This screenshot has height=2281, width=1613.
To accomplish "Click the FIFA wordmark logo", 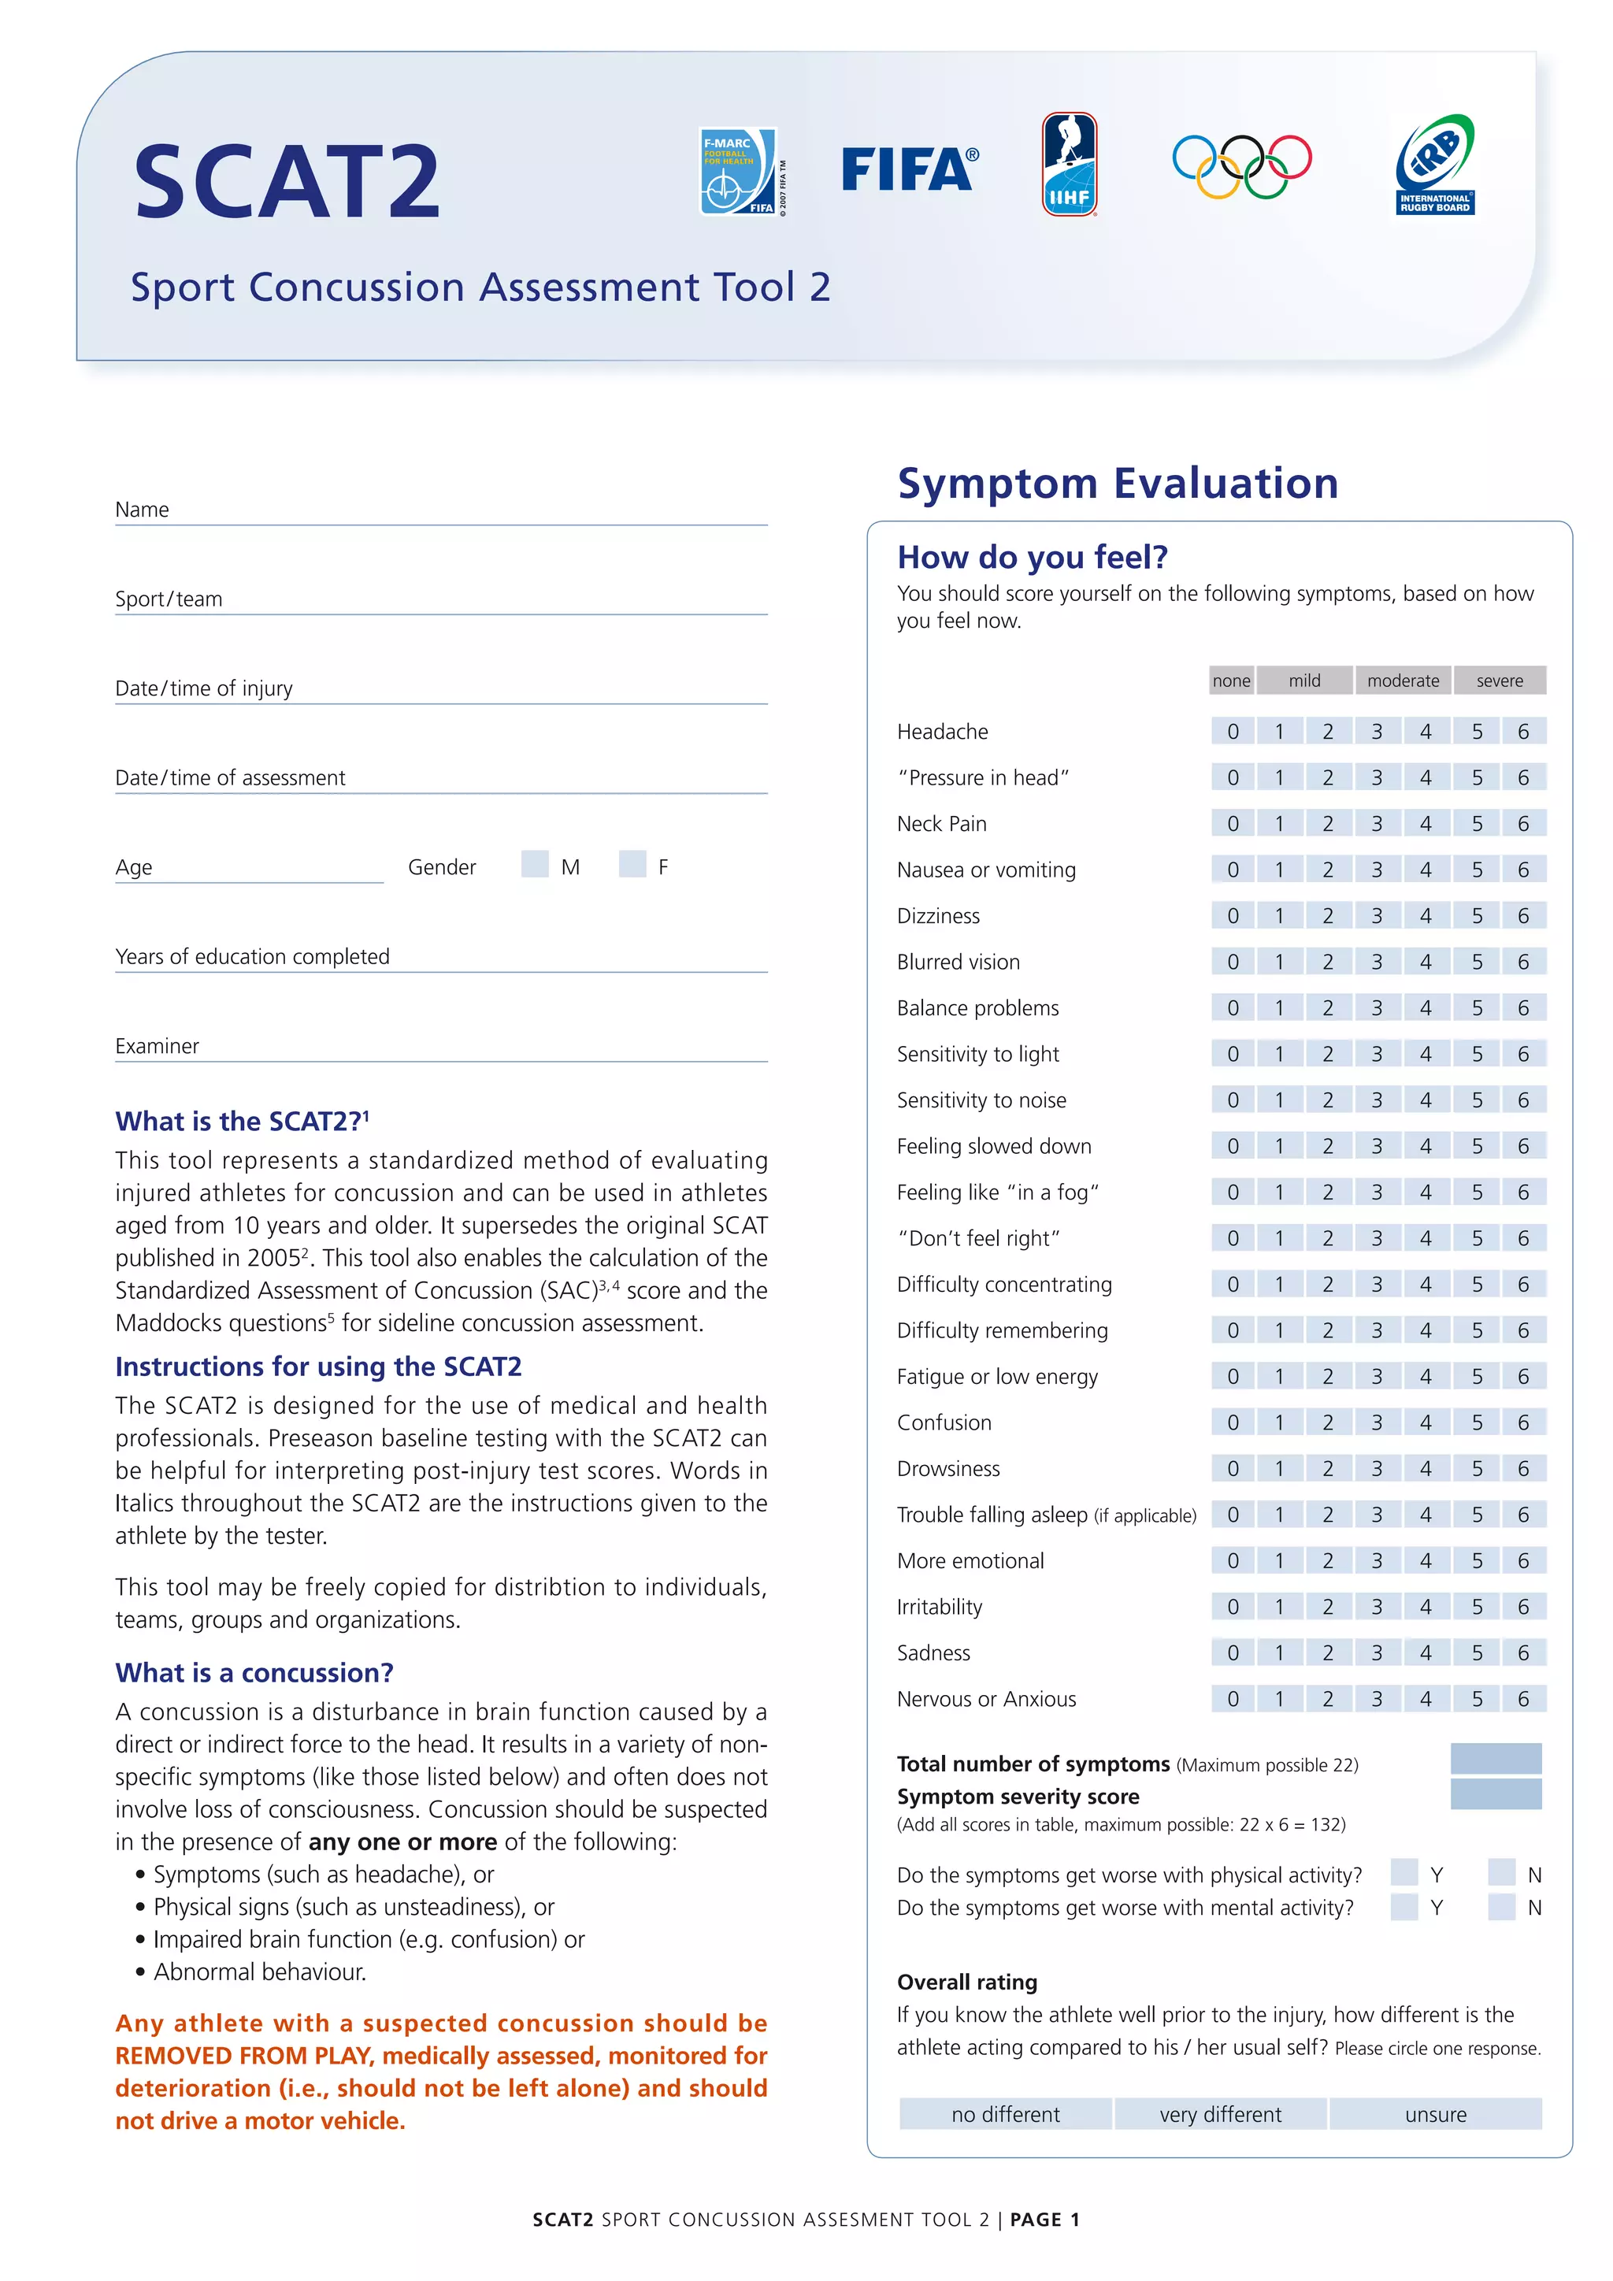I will click(909, 170).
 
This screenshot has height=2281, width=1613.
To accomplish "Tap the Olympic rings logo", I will click(1241, 166).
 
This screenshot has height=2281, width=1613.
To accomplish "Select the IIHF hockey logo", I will click(1069, 165).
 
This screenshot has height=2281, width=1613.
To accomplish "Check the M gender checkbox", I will click(534, 863).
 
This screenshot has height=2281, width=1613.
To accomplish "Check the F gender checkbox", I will click(632, 863).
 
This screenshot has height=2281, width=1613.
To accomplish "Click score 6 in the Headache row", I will click(1522, 731).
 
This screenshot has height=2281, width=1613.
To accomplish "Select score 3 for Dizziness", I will click(1377, 916).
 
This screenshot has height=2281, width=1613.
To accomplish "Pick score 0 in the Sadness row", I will click(1233, 1652).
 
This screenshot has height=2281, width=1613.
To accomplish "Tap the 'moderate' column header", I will click(1403, 681).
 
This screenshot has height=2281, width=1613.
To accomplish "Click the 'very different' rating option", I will click(1220, 2114).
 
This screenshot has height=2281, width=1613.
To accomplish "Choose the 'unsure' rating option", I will click(1435, 2114).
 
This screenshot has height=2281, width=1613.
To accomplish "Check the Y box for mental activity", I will click(1403, 1906).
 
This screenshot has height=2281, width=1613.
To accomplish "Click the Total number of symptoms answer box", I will click(1495, 1759).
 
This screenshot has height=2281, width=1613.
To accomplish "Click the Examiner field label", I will click(157, 1045).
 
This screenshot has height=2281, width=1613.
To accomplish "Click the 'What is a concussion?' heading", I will click(254, 1672).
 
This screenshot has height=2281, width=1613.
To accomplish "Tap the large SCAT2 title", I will click(287, 182).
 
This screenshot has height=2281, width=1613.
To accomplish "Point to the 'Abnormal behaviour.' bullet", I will click(259, 1971).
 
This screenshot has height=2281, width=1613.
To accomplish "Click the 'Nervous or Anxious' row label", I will click(985, 1699).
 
